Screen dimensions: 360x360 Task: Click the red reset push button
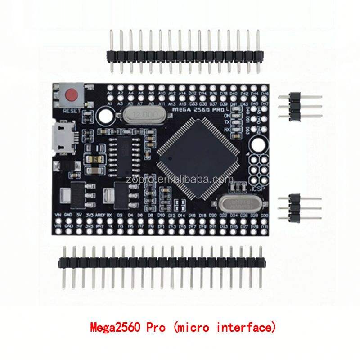(x=71, y=95)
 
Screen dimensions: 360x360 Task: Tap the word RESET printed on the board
(x=71, y=110)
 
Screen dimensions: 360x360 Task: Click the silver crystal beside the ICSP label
(x=236, y=203)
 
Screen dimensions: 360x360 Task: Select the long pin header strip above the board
(x=184, y=55)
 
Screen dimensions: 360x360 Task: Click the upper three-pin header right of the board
(x=295, y=107)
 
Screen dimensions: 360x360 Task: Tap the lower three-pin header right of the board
(x=295, y=207)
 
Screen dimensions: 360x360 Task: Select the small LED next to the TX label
(x=235, y=122)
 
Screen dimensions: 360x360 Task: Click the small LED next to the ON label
(x=235, y=115)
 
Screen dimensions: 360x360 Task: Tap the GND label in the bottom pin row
(x=68, y=216)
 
